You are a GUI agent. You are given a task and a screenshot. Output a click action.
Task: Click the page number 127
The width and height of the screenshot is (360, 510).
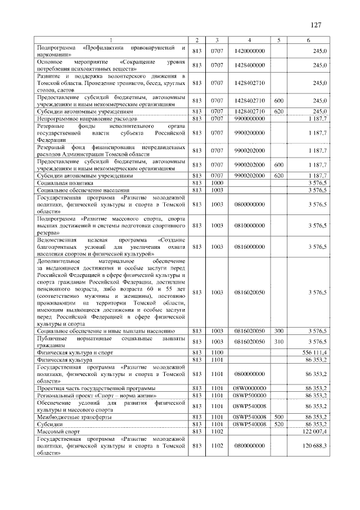tap(316, 25)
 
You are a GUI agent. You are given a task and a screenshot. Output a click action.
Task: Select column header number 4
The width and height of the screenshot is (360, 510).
tap(249, 40)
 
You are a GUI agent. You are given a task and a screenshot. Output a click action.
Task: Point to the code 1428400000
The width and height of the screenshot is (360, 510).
tap(249, 66)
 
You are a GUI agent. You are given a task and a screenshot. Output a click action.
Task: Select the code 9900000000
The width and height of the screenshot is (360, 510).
tap(249, 120)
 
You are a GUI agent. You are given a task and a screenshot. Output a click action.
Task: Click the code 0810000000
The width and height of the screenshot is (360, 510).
tap(249, 225)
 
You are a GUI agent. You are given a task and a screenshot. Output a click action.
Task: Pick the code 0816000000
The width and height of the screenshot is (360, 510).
tap(249, 247)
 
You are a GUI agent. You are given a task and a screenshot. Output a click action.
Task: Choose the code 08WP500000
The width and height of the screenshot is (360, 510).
tap(249, 396)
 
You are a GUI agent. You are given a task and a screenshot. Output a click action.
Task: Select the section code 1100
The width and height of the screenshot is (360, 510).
tap(217, 352)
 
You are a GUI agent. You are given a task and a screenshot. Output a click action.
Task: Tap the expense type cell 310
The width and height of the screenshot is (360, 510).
tap(278, 341)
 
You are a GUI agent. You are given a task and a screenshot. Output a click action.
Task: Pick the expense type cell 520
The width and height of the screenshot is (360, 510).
tap(278, 424)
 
